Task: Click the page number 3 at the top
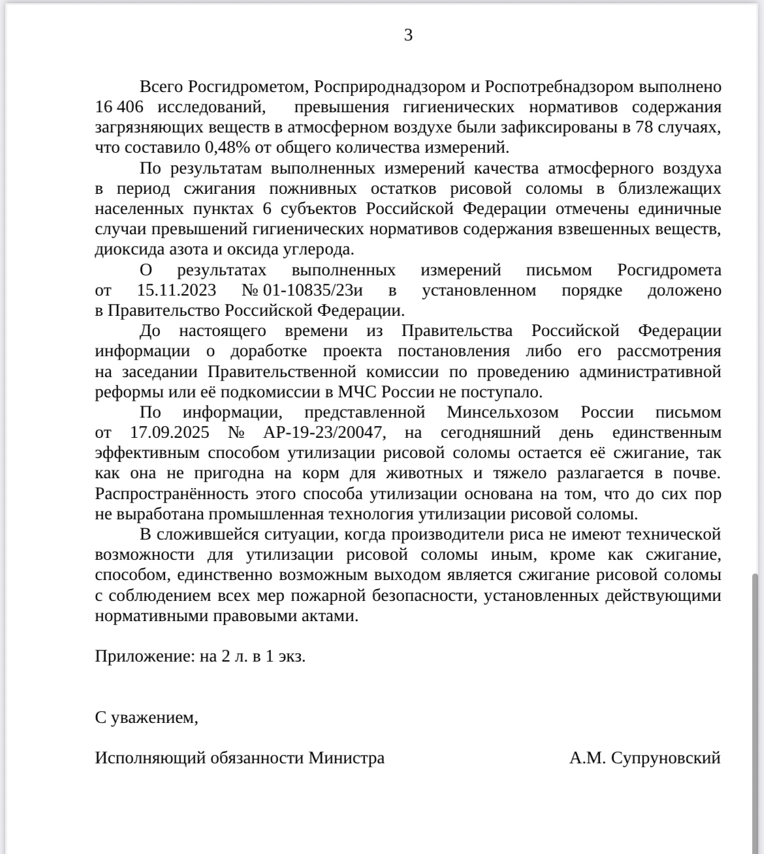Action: (x=408, y=35)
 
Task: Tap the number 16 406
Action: (x=120, y=107)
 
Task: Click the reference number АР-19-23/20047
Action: (x=325, y=433)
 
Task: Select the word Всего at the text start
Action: (x=161, y=87)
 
